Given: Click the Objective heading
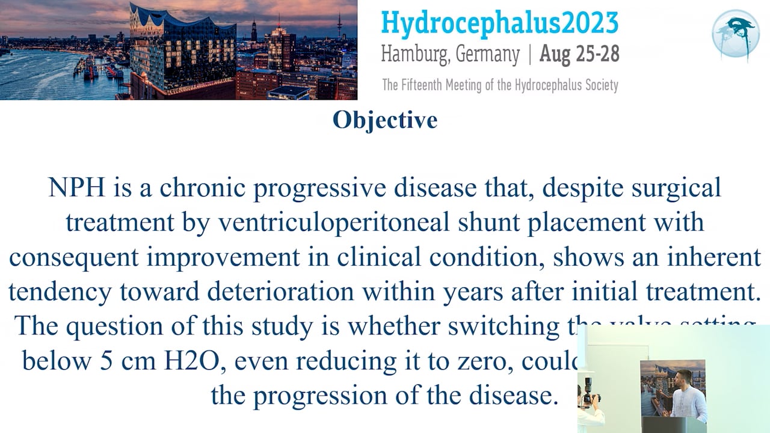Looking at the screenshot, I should click(385, 120).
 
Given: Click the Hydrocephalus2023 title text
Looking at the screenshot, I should click(499, 23).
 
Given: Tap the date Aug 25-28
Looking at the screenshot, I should click(579, 54).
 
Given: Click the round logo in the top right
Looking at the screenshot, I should click(735, 34).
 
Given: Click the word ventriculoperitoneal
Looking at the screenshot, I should click(334, 223).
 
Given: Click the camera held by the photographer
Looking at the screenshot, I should click(590, 398).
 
